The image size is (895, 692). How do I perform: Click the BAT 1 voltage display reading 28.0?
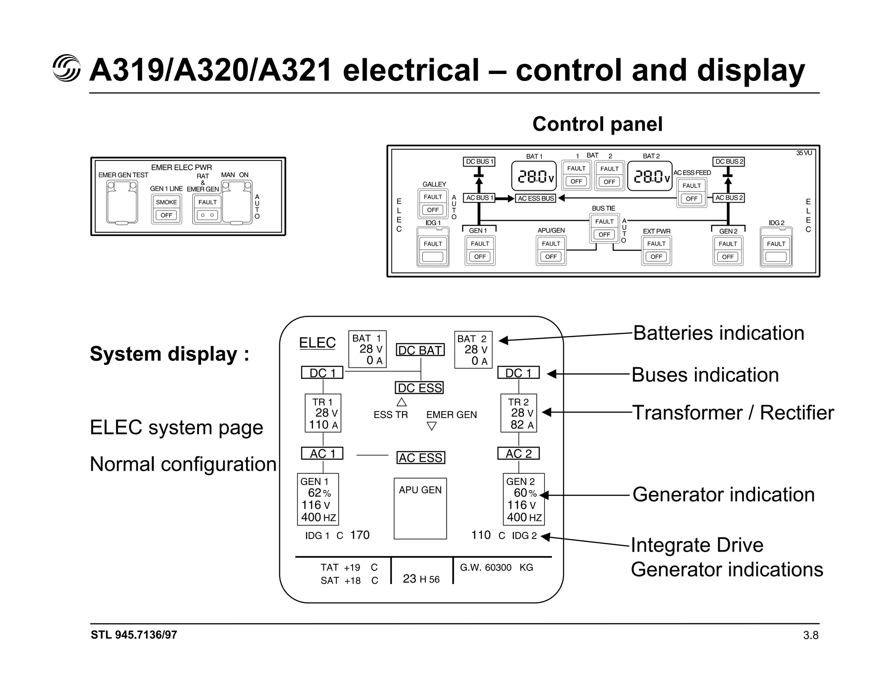(534, 176)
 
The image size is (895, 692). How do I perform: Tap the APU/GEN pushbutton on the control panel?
(551, 250)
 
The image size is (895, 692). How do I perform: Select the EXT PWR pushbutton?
(656, 250)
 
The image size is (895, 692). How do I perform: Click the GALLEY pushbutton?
(433, 203)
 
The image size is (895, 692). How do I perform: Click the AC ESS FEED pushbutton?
(691, 192)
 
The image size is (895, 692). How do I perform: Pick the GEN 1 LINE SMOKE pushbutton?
(167, 209)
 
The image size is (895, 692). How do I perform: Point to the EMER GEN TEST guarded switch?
(122, 202)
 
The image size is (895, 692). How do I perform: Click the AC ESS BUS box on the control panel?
(536, 198)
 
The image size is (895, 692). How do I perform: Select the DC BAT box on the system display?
(420, 350)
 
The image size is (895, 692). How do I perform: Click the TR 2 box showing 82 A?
(519, 413)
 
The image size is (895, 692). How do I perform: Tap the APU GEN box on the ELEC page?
(420, 508)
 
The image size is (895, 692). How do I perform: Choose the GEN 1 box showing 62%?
(318, 499)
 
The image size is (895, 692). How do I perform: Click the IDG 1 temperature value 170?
(360, 535)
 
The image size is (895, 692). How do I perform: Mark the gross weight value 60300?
(498, 568)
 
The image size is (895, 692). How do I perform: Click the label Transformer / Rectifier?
(733, 413)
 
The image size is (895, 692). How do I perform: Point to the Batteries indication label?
(718, 333)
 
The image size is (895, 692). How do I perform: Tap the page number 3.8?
(811, 635)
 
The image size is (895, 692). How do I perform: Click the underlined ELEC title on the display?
(317, 343)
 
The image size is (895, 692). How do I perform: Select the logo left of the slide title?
(66, 69)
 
